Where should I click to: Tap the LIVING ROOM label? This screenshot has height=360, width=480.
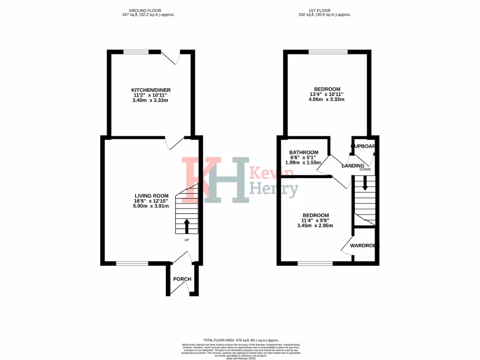point(151,195)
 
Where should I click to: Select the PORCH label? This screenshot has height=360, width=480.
point(182,279)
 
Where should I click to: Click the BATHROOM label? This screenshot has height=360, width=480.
point(304,152)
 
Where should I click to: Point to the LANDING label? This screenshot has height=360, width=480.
point(353,165)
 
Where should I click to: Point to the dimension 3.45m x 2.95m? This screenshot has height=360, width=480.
point(315,225)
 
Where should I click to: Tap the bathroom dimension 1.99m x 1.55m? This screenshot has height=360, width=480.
point(303,163)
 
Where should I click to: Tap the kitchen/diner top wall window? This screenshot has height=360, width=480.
point(136,52)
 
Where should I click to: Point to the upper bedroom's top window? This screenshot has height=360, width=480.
point(328,52)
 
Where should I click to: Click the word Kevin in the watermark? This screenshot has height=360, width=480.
point(272,173)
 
